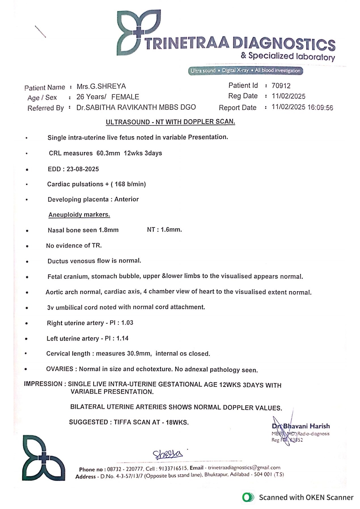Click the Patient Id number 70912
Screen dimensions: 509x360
(281, 86)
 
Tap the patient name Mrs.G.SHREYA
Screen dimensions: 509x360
(101, 86)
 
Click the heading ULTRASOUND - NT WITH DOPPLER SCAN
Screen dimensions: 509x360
(170, 122)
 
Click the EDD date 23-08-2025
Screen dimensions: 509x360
(83, 169)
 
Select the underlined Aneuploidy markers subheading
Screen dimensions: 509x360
(79, 215)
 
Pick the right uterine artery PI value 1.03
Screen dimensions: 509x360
(127, 323)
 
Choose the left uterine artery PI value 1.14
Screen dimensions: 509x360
(122, 338)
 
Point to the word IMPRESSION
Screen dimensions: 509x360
(43, 384)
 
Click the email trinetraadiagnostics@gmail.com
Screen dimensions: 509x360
(244, 468)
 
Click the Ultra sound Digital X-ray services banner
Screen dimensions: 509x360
(245, 71)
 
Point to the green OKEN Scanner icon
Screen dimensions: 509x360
(248, 497)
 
